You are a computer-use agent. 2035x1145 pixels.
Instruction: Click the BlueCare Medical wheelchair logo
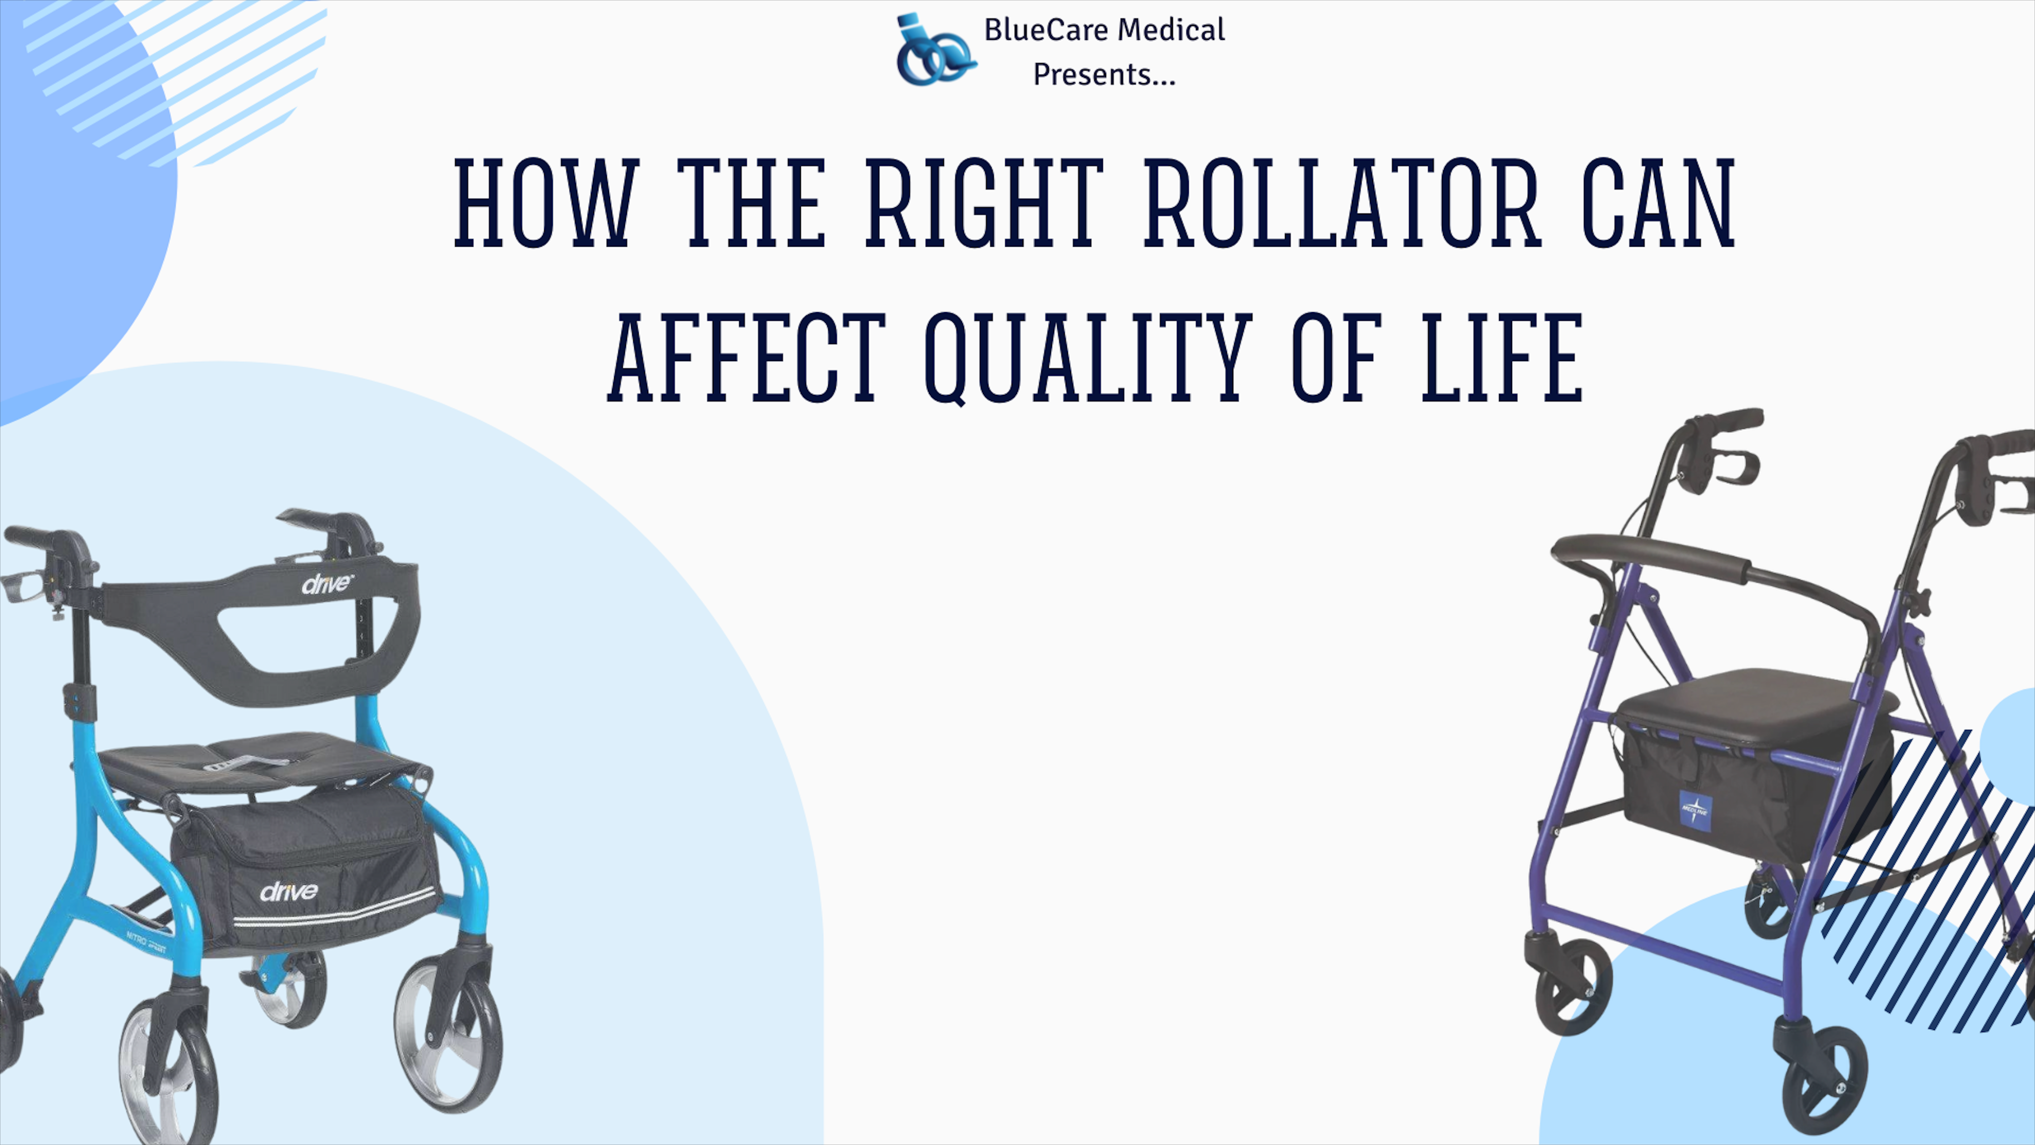[934, 50]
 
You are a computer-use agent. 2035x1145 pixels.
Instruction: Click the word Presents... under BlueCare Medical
[1104, 75]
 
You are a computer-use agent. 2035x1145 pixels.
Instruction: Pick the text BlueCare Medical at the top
[1104, 30]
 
